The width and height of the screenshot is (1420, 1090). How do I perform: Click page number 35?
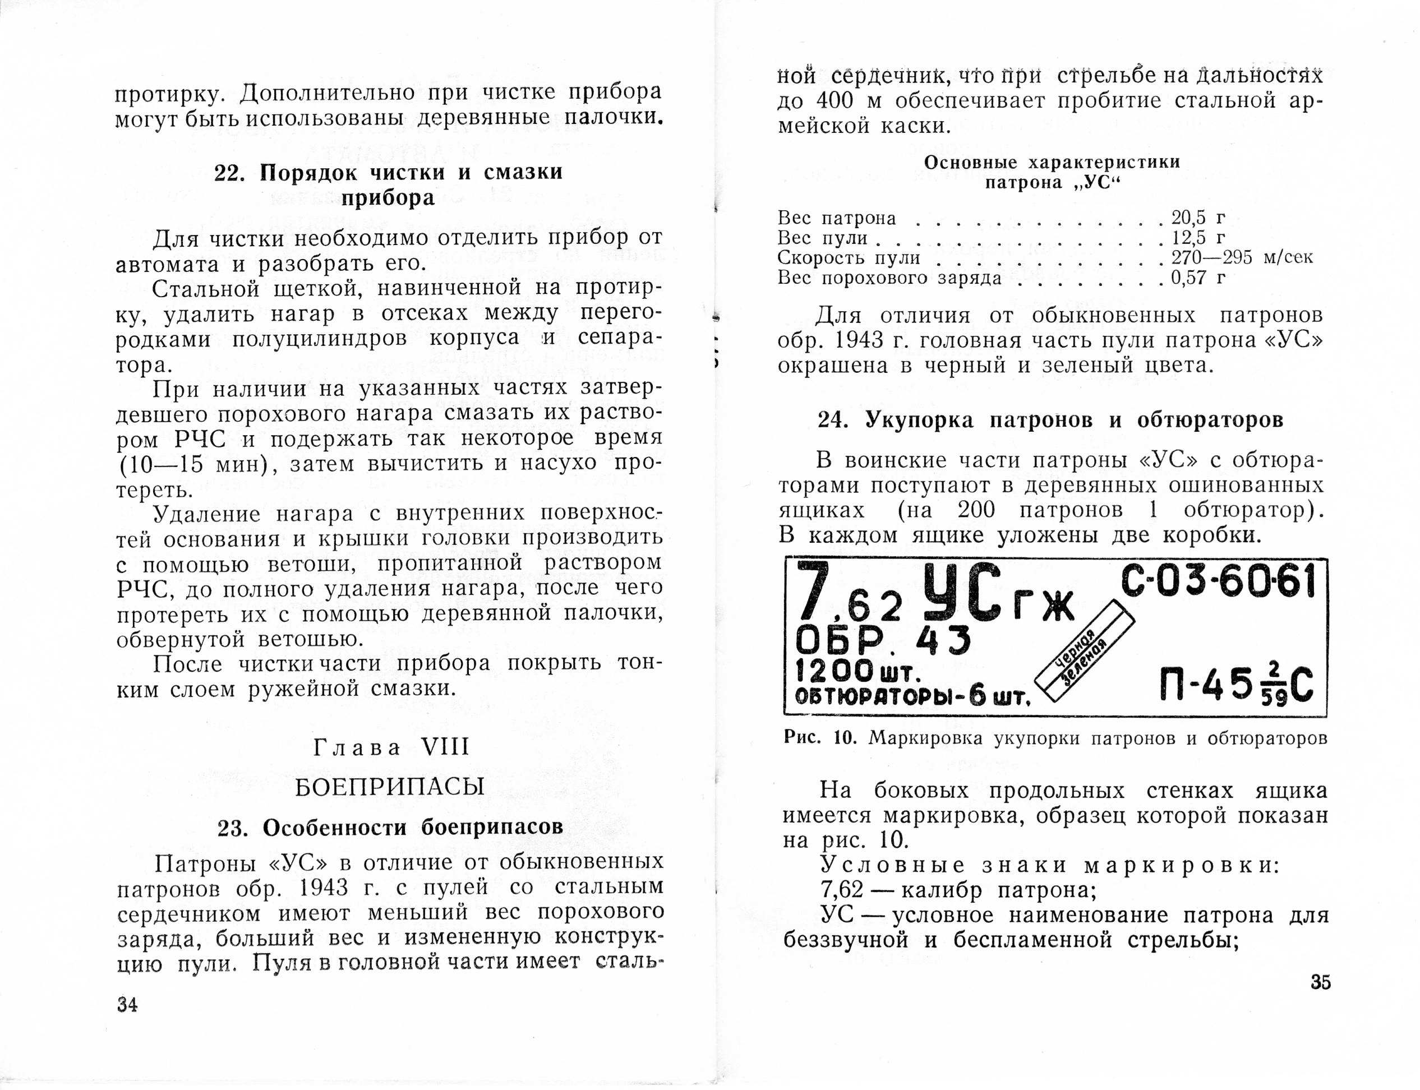click(1320, 982)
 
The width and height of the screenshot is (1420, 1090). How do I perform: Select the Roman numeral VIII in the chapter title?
click(445, 747)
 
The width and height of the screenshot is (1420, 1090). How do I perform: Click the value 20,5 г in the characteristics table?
click(1198, 218)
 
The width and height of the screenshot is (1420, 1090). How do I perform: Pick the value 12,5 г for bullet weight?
click(1198, 238)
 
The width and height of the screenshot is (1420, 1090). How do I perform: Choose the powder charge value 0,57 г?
click(1198, 278)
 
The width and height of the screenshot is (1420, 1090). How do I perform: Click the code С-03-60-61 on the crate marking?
click(1218, 581)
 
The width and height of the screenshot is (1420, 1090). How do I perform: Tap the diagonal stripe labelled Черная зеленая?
click(1084, 655)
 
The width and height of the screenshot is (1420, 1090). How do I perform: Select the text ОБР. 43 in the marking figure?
click(883, 641)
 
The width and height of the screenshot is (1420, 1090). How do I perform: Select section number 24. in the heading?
click(833, 421)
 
